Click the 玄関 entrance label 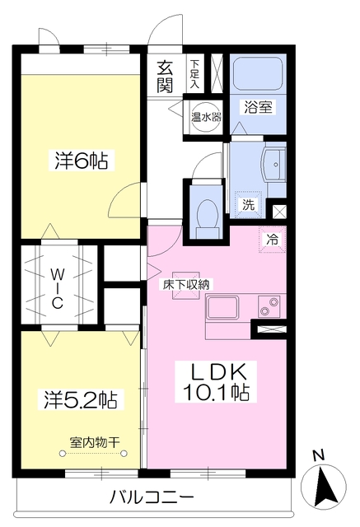165,77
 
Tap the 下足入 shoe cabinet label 194,74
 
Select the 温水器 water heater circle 207,117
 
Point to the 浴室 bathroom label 258,107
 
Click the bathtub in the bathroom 258,74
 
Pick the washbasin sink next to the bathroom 274,165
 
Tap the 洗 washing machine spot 249,205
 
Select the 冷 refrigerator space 273,240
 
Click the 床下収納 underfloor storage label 186,285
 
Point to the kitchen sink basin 223,307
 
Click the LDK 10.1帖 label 217,382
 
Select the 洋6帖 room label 82,161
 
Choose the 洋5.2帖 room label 81,399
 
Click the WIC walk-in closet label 57,289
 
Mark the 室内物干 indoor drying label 95,442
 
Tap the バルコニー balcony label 152,497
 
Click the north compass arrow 324,487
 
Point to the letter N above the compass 318,455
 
